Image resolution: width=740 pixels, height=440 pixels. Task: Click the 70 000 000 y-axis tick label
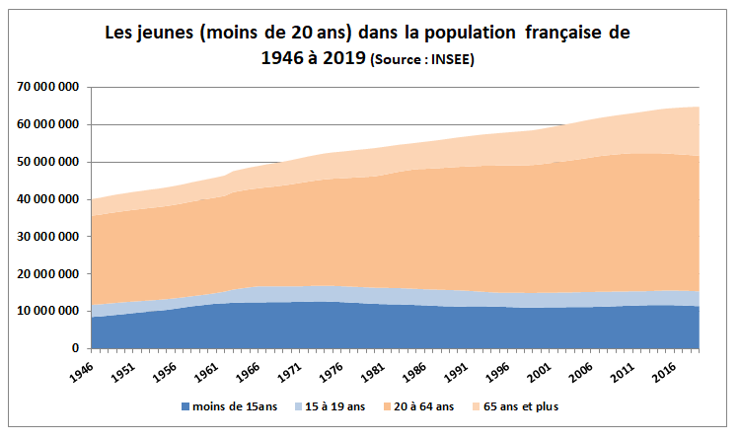point(48,88)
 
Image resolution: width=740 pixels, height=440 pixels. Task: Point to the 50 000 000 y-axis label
point(48,162)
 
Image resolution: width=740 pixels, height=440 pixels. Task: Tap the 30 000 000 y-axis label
point(48,237)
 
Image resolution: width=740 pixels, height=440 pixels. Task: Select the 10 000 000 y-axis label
point(48,311)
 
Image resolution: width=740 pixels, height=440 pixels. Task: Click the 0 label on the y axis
point(75,348)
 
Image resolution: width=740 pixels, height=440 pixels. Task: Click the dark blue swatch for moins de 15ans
point(186,405)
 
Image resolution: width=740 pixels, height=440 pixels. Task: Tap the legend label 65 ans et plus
point(534,405)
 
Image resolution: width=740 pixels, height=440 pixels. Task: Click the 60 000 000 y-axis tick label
point(48,125)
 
